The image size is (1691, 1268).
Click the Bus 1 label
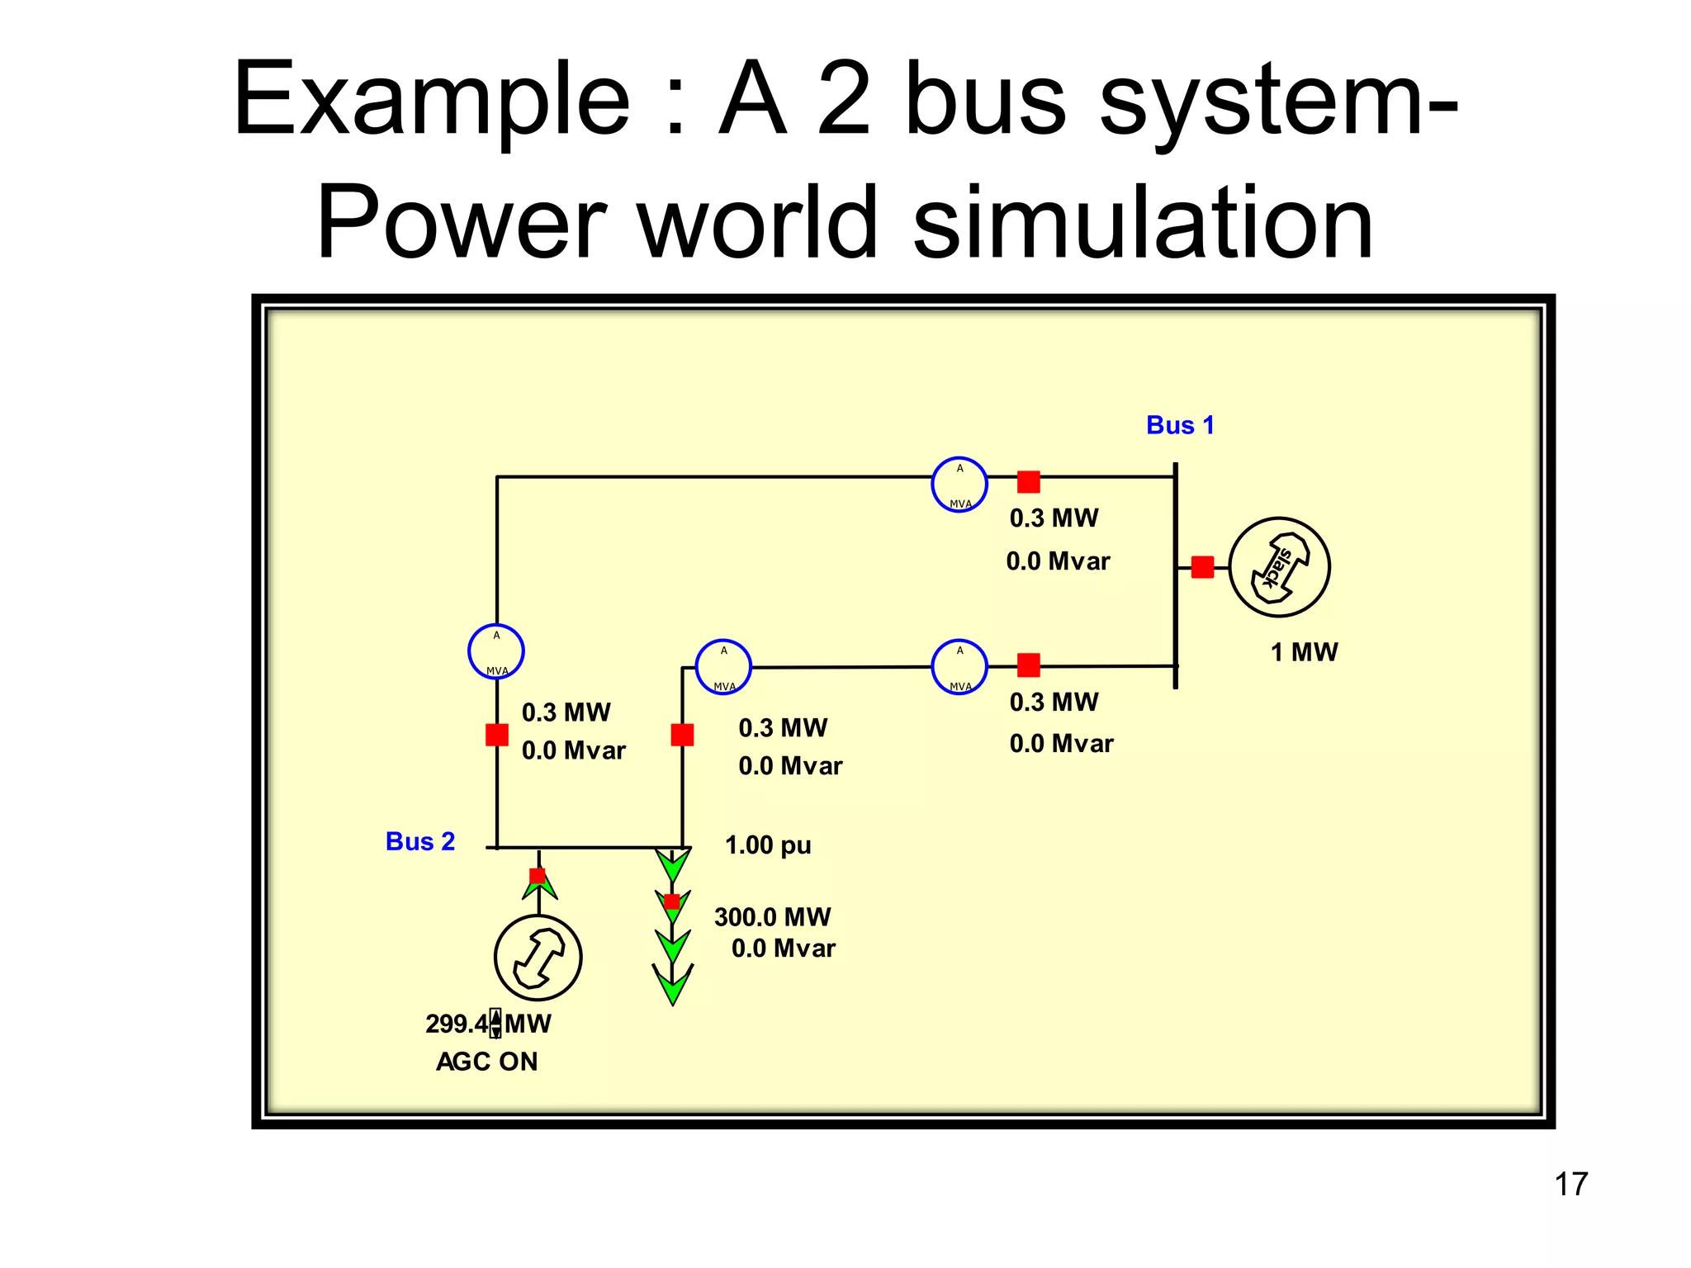(x=1180, y=425)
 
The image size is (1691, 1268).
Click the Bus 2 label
(x=420, y=841)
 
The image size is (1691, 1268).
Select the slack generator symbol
(x=1279, y=567)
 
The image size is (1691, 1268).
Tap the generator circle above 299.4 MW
(x=538, y=958)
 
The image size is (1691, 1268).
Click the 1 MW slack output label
(x=1304, y=652)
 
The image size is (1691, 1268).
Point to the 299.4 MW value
(x=457, y=1024)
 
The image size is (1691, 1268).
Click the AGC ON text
(x=487, y=1062)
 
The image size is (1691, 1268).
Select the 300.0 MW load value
(x=772, y=916)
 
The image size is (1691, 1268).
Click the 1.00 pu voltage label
(x=768, y=845)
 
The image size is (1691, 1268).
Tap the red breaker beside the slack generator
(x=1202, y=567)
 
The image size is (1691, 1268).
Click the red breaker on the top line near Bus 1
(x=1028, y=481)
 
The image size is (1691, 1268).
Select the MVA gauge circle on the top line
(x=959, y=485)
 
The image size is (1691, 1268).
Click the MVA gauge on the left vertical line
(x=496, y=651)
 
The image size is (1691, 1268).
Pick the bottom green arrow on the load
(x=673, y=984)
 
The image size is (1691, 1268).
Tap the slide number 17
(x=1570, y=1184)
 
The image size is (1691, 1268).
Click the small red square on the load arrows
(x=671, y=901)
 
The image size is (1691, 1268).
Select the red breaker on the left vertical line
(x=496, y=734)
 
